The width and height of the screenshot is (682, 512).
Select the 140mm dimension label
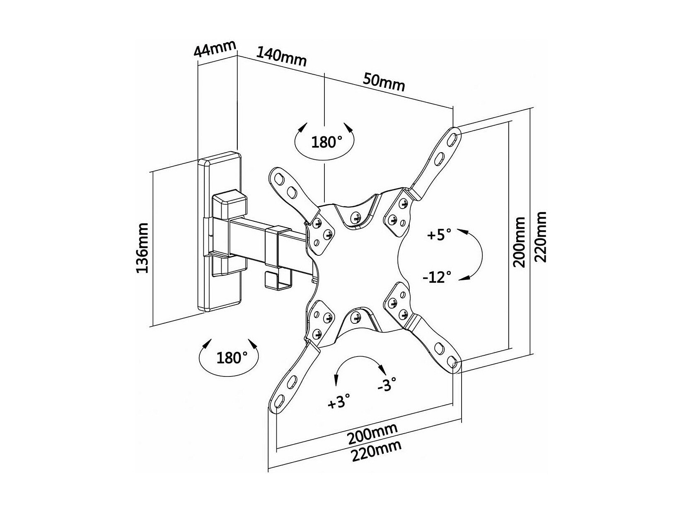(x=281, y=57)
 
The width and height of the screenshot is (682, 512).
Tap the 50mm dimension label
(x=384, y=82)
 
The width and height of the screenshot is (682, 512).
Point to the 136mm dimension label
(x=142, y=248)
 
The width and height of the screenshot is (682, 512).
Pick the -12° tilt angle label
(x=437, y=277)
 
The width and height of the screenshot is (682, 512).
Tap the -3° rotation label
(x=387, y=384)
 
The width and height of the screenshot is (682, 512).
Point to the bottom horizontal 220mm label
(x=377, y=450)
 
